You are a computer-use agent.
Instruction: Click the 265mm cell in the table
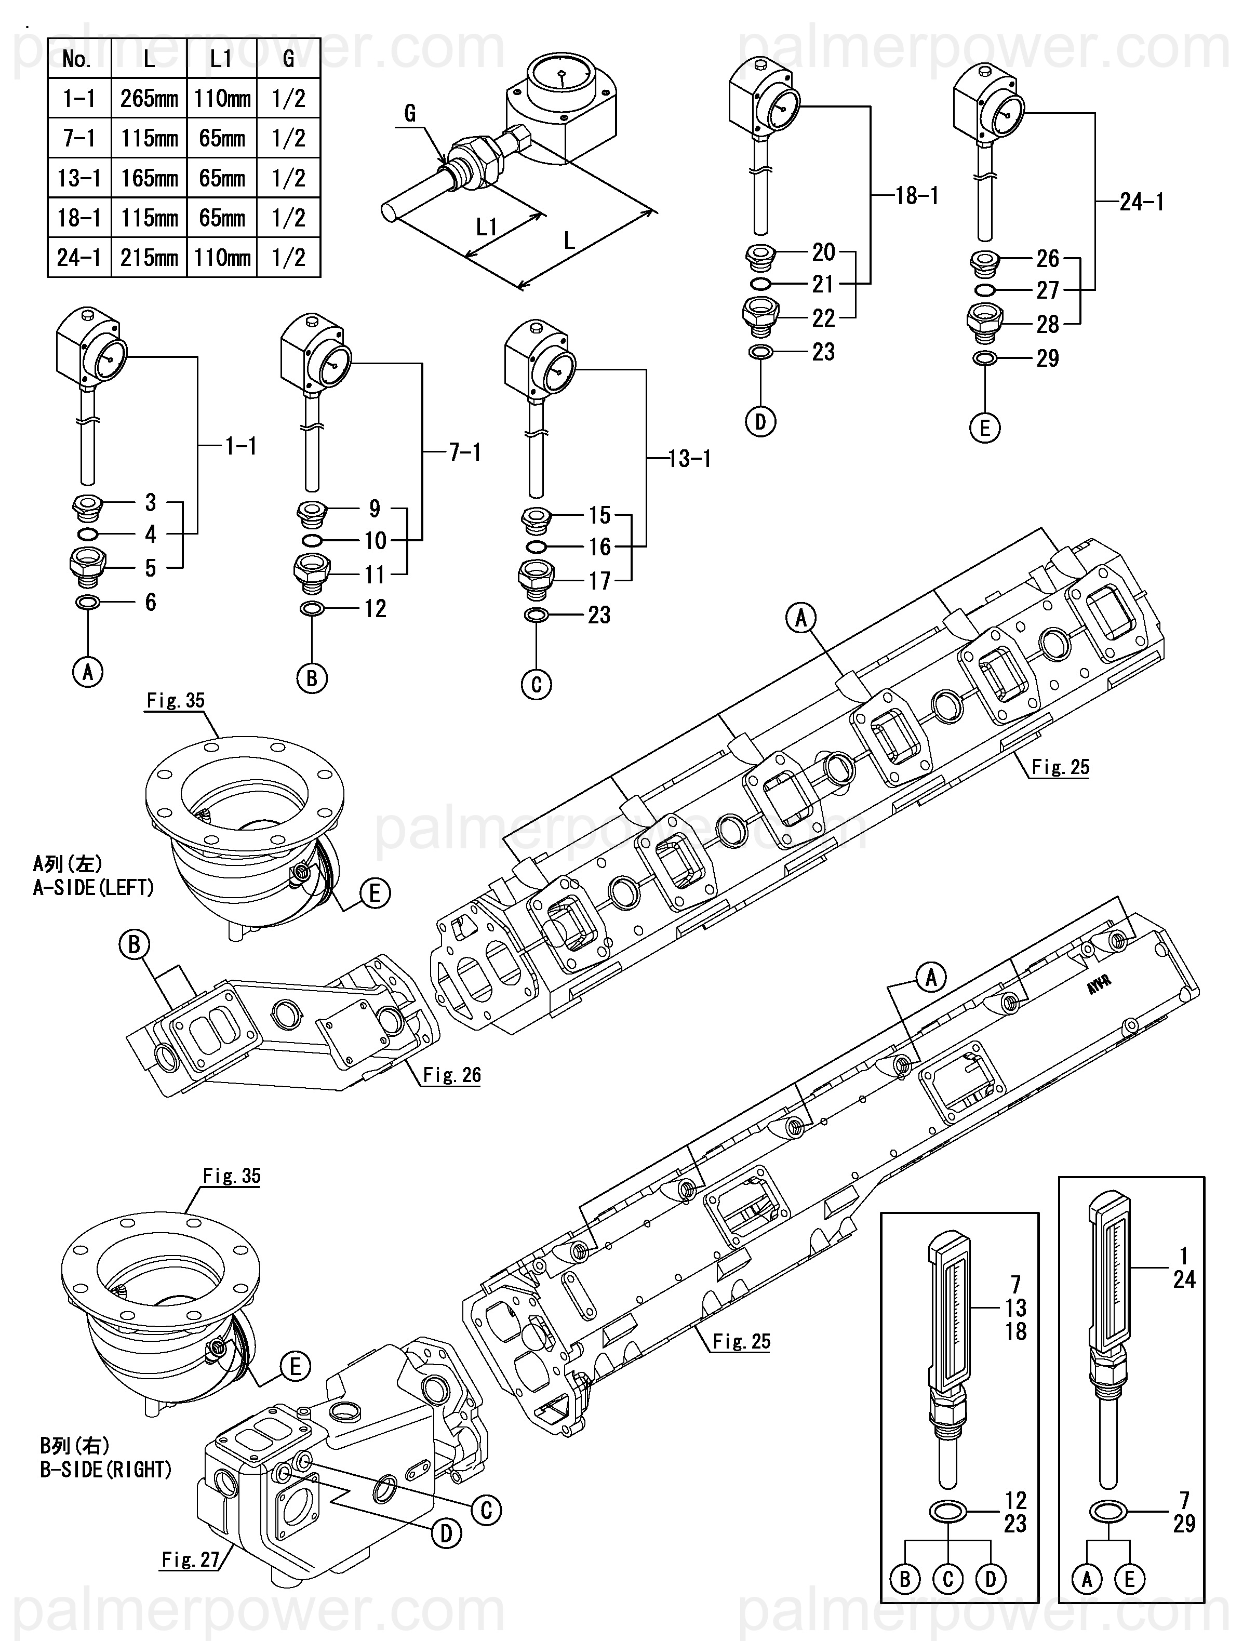coord(149,98)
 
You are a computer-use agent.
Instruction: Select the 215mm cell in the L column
coord(149,258)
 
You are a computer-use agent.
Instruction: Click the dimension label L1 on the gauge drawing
coord(487,226)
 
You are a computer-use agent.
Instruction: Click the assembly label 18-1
coord(917,196)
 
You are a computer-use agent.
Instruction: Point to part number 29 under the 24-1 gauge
coord(1047,358)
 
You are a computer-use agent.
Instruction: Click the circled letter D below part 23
coord(760,422)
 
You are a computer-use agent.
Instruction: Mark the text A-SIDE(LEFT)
coord(93,887)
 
